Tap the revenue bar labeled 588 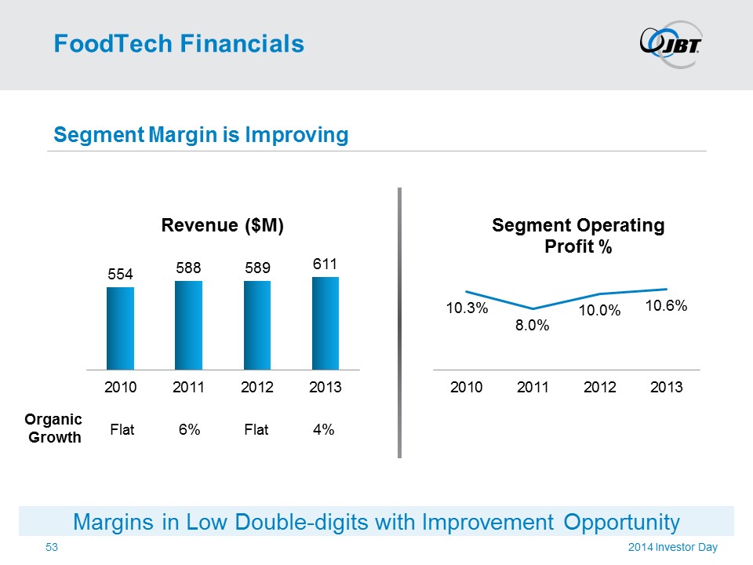pyautogui.click(x=188, y=325)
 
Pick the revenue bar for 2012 pyautogui.click(x=257, y=325)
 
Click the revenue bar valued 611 pyautogui.click(x=326, y=323)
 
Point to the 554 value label pyautogui.click(x=120, y=274)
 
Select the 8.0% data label pyautogui.click(x=532, y=326)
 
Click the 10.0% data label pyautogui.click(x=600, y=312)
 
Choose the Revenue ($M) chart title pyautogui.click(x=222, y=226)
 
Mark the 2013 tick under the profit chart pyautogui.click(x=666, y=388)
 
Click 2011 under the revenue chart pyautogui.click(x=188, y=388)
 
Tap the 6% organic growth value pyautogui.click(x=188, y=429)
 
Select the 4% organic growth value pyautogui.click(x=324, y=429)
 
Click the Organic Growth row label pyautogui.click(x=55, y=428)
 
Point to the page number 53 pyautogui.click(x=53, y=546)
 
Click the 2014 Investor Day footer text pyautogui.click(x=673, y=547)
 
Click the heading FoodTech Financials pyautogui.click(x=179, y=44)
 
